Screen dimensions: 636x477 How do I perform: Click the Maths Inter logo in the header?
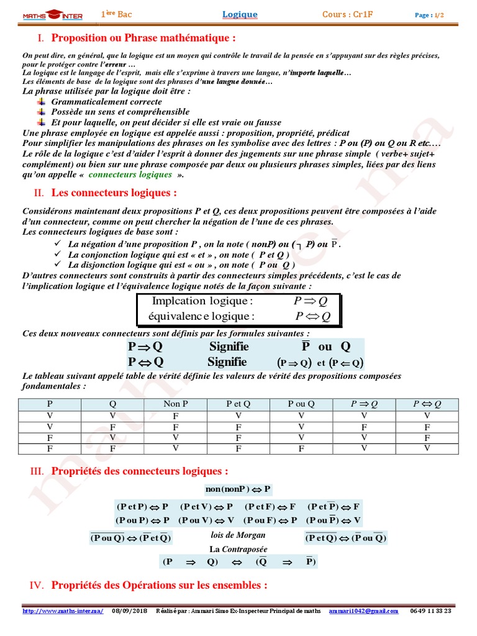(52, 15)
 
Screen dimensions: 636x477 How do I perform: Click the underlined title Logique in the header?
(240, 14)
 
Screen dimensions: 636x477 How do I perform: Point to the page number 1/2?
(438, 15)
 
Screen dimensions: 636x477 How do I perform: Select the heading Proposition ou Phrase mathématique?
(143, 37)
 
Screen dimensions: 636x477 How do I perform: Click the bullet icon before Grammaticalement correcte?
(42, 101)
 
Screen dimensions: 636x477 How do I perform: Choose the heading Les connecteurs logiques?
(114, 193)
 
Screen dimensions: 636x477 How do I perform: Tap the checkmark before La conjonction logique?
(58, 255)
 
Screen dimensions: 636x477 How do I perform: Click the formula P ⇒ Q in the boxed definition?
(310, 301)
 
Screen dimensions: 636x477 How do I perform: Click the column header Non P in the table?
(176, 404)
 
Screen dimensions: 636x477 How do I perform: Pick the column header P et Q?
(238, 404)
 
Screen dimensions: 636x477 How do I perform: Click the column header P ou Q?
(301, 404)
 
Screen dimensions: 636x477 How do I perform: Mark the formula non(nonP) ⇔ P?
(238, 489)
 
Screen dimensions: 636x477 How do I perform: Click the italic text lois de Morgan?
(238, 535)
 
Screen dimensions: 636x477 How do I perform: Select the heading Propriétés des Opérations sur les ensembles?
(159, 585)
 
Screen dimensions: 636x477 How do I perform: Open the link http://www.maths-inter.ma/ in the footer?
(63, 611)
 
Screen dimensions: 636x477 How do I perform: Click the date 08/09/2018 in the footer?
(130, 611)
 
